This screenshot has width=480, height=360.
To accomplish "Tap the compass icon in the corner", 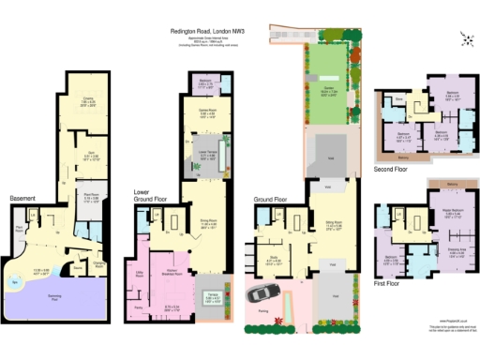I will click(465, 37).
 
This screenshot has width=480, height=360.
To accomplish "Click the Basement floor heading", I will click(22, 199).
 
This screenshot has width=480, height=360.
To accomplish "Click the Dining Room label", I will click(205, 221).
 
